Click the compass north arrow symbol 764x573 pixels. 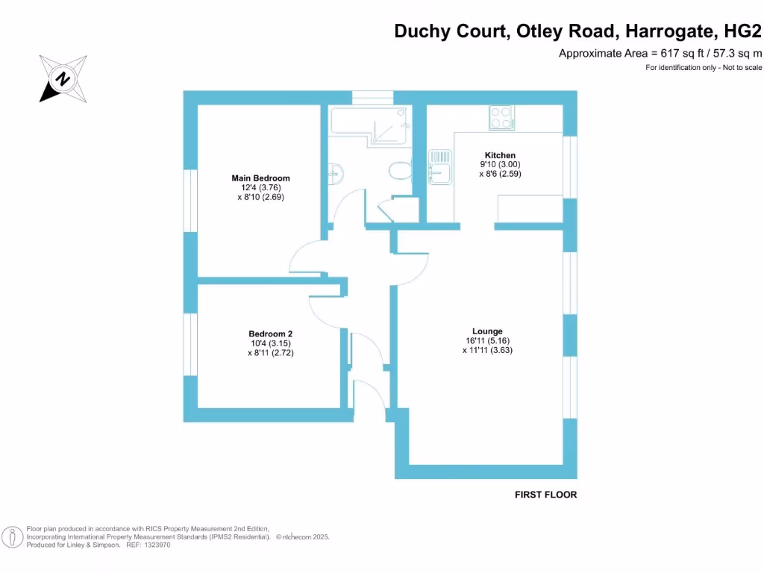(x=63, y=78)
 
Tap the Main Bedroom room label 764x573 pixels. (x=260, y=178)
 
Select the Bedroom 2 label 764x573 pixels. (x=270, y=334)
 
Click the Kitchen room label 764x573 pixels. (x=500, y=155)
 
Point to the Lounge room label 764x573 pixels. (x=487, y=331)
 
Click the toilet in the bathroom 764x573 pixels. (x=401, y=171)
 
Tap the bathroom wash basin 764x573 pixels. (x=335, y=173)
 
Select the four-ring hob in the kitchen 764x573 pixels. (x=501, y=117)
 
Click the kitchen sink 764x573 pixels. (x=439, y=166)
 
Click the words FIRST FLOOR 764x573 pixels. (x=546, y=495)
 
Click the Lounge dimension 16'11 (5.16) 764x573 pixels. (x=487, y=340)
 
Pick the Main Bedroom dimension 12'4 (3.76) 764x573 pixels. (x=260, y=188)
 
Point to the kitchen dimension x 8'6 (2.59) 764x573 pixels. (x=500, y=174)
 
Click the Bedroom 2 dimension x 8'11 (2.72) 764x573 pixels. (x=270, y=353)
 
